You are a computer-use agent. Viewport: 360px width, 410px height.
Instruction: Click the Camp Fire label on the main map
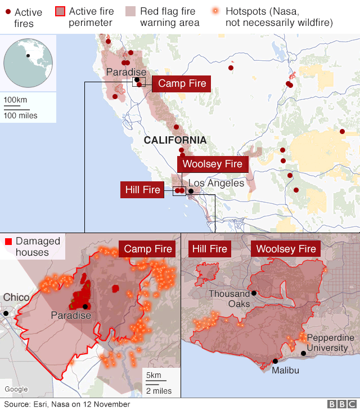tap(182, 83)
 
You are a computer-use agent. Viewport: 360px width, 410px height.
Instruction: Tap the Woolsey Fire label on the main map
tap(212, 164)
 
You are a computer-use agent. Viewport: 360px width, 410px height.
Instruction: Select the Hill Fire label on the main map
tap(143, 190)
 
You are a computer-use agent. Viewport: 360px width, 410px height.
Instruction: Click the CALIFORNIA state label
tap(174, 140)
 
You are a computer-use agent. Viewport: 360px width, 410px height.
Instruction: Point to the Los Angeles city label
tap(216, 183)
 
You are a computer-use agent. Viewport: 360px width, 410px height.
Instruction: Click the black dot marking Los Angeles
tap(191, 191)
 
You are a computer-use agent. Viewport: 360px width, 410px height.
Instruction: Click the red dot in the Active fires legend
tap(7, 12)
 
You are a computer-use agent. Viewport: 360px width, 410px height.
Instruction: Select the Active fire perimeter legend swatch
tap(60, 11)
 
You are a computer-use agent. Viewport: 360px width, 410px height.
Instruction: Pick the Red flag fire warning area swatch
tap(130, 11)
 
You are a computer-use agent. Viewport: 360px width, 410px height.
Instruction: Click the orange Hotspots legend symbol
tap(216, 11)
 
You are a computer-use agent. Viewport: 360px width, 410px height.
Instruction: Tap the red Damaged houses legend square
tap(8, 242)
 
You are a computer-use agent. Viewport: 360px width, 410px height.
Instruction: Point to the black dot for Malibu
tap(275, 362)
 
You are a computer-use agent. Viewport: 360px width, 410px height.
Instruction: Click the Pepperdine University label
tap(331, 342)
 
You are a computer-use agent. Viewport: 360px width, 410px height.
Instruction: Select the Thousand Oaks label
tap(229, 298)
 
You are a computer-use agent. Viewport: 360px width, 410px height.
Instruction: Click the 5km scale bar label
tap(154, 376)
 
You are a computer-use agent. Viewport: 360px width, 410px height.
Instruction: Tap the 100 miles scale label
tap(20, 115)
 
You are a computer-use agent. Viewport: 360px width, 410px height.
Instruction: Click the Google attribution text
tap(16, 389)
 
